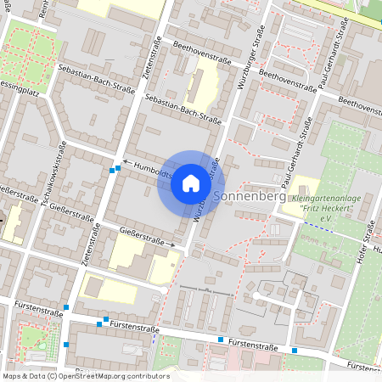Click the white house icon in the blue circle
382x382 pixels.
191,183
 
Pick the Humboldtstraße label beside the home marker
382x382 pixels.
154,171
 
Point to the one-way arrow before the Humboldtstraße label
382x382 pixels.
127,160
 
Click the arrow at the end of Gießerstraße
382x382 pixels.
172,244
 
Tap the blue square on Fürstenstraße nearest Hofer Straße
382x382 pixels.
294,350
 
